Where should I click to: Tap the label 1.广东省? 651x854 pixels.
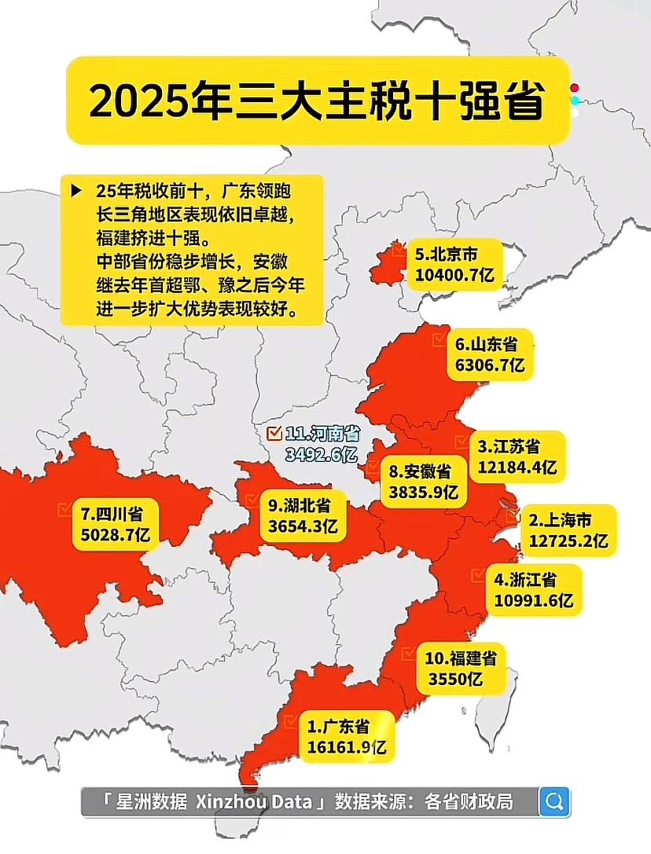click(x=338, y=724)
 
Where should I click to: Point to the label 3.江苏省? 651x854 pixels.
click(x=509, y=447)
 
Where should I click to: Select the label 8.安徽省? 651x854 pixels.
click(x=420, y=472)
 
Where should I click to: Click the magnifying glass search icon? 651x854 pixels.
click(x=554, y=801)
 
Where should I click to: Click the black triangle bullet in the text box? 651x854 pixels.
click(x=76, y=190)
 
